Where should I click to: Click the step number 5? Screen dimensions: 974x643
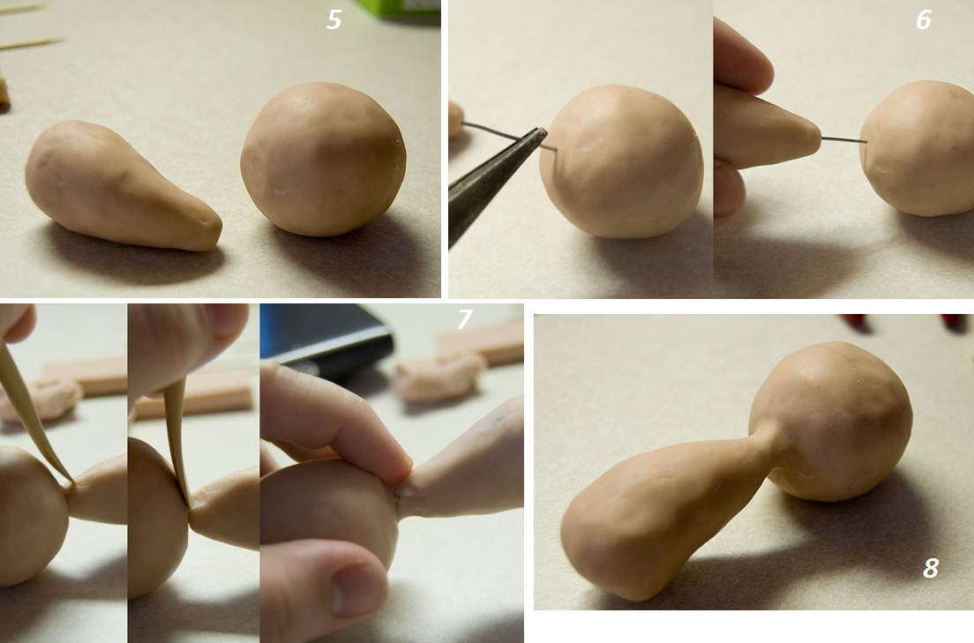pos(334,20)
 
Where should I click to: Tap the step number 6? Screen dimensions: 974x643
pos(924,20)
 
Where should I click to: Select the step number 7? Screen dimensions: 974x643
pos(464,318)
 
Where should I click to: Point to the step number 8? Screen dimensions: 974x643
pos(931,568)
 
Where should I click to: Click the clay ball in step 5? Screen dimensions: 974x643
pos(324,159)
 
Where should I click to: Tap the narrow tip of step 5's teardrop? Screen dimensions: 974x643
pos(217,231)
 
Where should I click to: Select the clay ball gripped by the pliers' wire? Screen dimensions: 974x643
pos(622,161)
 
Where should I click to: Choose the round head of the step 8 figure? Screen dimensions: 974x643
pos(831,422)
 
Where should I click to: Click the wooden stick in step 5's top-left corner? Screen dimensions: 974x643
pos(31,43)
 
